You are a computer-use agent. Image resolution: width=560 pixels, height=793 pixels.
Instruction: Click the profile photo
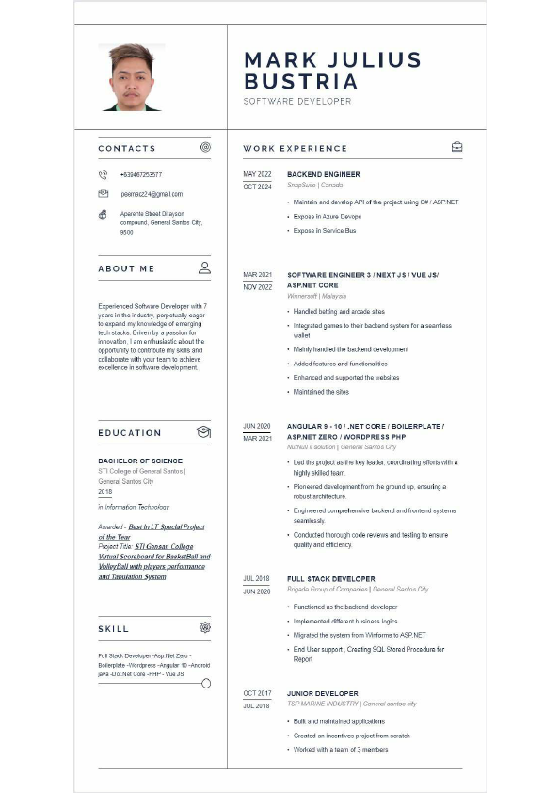pos(131,77)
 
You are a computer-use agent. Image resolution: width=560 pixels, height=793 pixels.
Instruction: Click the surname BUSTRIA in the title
pos(300,82)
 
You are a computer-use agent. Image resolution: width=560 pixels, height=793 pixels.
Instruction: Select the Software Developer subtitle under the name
pos(297,101)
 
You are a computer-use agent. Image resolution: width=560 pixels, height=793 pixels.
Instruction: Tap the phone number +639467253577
pos(141,174)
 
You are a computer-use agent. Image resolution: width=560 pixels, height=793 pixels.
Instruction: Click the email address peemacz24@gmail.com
pos(152,194)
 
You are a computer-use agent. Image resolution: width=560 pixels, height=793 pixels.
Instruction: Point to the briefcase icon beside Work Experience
pos(456,147)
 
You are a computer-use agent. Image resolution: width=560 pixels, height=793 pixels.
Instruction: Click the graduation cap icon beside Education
pos(203,432)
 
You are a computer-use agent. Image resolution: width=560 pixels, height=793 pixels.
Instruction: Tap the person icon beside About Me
pos(204,267)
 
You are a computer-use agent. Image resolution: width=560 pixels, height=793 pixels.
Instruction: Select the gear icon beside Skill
pos(205,627)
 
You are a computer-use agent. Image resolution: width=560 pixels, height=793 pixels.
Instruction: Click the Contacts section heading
pos(127,148)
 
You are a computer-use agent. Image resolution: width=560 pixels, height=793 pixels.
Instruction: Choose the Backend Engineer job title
pos(324,174)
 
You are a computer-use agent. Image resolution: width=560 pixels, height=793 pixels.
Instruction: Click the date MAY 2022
pos(257,174)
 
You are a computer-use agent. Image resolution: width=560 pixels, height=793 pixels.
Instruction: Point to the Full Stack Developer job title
pos(330,578)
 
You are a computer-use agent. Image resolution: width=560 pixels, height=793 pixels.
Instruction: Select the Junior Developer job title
pos(323,693)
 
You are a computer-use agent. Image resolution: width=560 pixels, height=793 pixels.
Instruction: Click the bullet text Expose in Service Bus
pos(325,230)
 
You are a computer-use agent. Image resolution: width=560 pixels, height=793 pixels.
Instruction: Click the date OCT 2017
pos(257,693)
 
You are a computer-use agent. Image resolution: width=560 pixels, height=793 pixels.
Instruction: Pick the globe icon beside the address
pos(103,215)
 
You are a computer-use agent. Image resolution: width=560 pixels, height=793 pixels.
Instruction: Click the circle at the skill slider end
pos(206,683)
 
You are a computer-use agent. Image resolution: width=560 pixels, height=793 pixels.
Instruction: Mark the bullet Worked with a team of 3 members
pos(341,749)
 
